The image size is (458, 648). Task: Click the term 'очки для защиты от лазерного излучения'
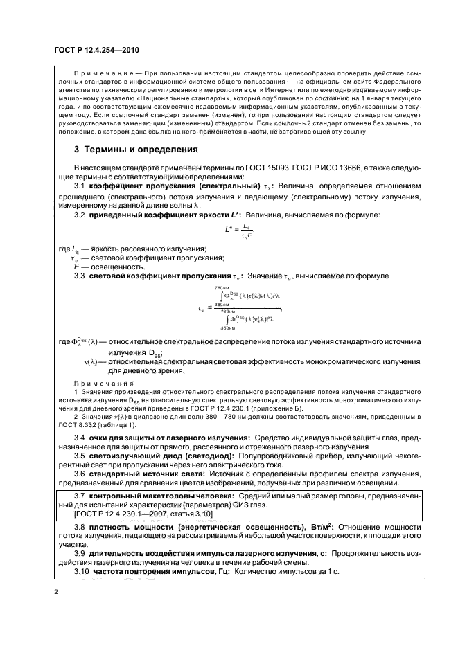point(169,438)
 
